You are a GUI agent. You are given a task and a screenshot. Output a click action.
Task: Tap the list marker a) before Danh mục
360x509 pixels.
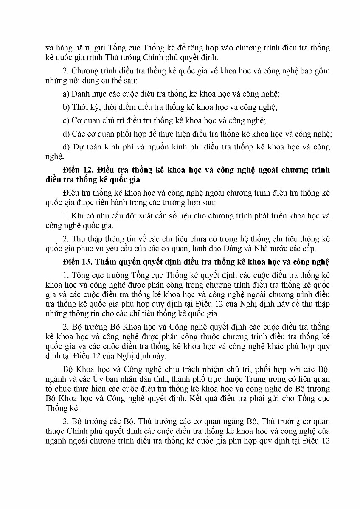[x=66, y=93]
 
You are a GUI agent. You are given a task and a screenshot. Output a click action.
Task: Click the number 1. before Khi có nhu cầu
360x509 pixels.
[x=65, y=215]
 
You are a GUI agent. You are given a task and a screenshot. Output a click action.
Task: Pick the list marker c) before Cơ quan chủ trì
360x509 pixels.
[x=66, y=120]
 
